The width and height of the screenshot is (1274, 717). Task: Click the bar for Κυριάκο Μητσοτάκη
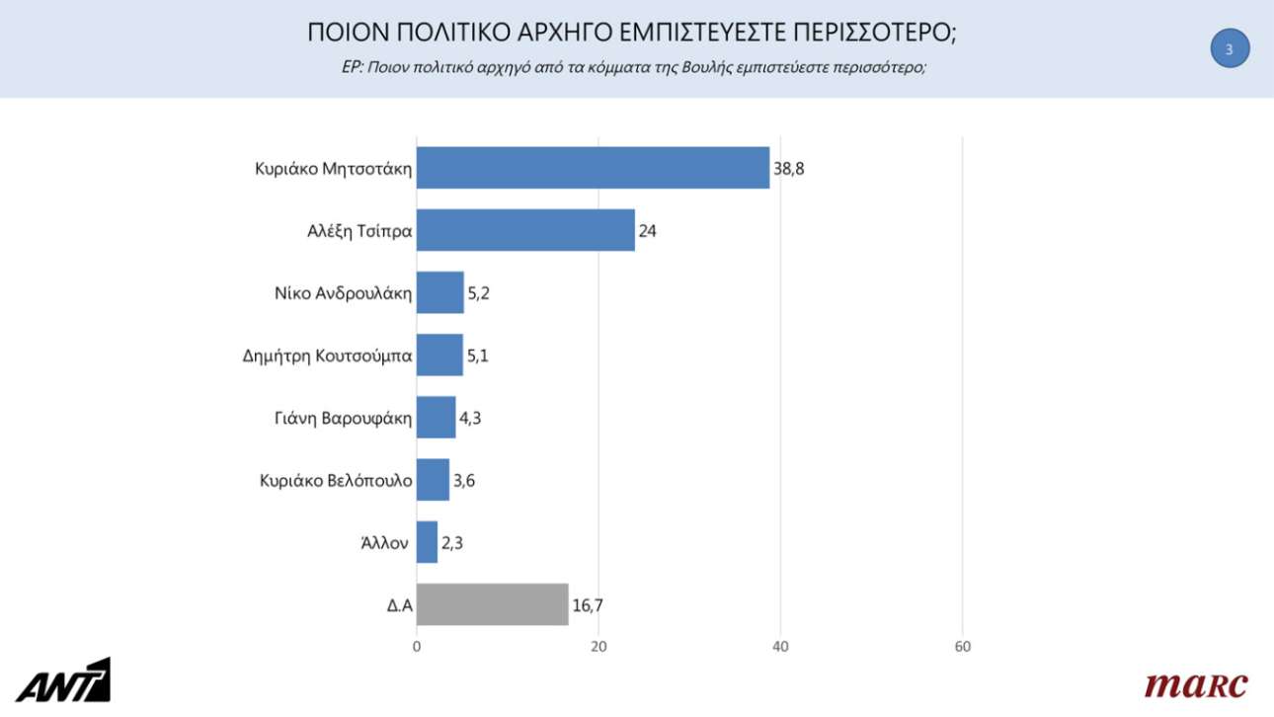click(x=593, y=168)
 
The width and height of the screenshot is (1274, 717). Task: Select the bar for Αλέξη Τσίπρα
click(x=525, y=230)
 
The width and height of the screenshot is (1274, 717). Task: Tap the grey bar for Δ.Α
click(x=492, y=604)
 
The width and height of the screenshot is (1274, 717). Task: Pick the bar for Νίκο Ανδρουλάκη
click(x=439, y=292)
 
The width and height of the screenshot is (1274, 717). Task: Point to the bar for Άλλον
click(x=427, y=542)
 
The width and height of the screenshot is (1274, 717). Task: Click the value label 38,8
click(x=789, y=169)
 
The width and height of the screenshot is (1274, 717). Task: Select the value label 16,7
click(x=589, y=605)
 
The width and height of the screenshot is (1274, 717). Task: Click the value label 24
click(x=648, y=231)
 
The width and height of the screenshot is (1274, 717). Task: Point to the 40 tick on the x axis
click(x=780, y=647)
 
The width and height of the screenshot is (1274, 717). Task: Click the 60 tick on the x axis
click(x=963, y=647)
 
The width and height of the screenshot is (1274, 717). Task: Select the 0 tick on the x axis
click(x=417, y=647)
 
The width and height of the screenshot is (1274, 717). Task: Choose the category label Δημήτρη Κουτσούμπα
click(x=327, y=356)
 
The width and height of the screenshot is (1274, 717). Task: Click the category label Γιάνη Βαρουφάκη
click(x=343, y=418)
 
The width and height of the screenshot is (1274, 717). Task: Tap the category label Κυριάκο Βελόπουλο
click(x=336, y=480)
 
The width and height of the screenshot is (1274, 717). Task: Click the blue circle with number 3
click(x=1230, y=48)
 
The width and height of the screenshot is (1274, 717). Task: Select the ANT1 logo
click(x=68, y=680)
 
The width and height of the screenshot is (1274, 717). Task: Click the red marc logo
click(x=1196, y=683)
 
